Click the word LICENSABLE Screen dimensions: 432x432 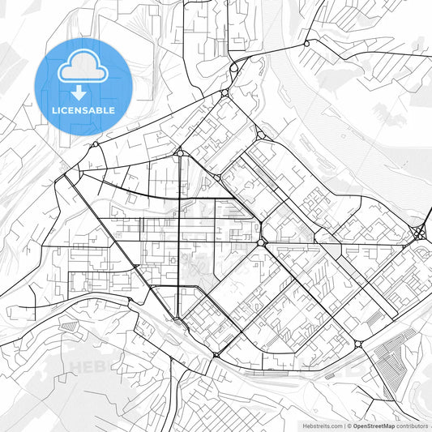(x=83, y=110)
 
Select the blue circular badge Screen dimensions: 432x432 (x=83, y=86)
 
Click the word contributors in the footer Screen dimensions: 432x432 (x=413, y=425)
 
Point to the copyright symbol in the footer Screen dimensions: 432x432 (x=348, y=425)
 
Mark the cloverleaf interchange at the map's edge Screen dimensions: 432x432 (x=419, y=233)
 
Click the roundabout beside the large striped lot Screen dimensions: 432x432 (x=358, y=344)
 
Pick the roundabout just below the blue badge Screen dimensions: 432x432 (x=96, y=144)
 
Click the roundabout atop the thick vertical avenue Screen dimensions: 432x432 (x=179, y=152)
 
